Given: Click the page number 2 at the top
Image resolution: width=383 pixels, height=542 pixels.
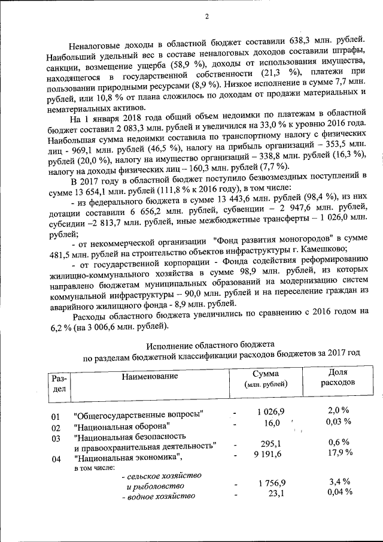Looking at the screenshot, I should pyautogui.click(x=206, y=16).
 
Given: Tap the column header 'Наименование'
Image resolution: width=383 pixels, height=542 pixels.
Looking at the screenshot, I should pyautogui.click(x=150, y=377).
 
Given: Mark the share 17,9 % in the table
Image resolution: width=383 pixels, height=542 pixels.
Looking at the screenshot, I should pyautogui.click(x=339, y=453).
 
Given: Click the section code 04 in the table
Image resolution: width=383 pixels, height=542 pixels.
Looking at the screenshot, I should pyautogui.click(x=56, y=459).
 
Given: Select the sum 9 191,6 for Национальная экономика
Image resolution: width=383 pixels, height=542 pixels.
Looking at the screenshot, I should pyautogui.click(x=266, y=455).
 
